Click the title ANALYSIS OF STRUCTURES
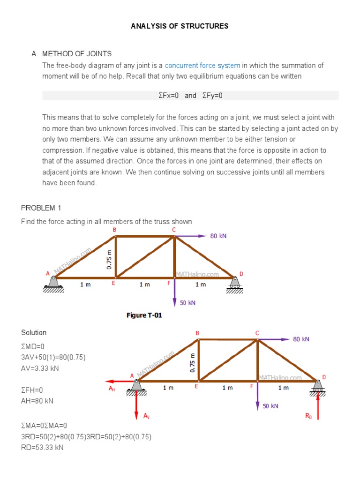coord(180,26)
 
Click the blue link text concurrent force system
coord(202,66)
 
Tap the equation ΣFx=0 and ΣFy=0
coord(190,96)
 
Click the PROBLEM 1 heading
coord(41,208)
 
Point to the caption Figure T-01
coord(144,315)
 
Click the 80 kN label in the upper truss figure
coord(218,236)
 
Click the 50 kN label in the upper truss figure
coord(187,303)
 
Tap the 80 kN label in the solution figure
coord(301,339)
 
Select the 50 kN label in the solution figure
coord(270,406)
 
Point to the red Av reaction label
coord(146,416)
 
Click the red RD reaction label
coord(308,415)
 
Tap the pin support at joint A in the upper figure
coord(53,283)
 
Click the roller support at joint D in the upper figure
coord(234,284)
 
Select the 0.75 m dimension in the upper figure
coord(109,258)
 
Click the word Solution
coord(34,333)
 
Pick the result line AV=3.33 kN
coord(40,368)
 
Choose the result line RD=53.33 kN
coord(42,447)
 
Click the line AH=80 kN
coord(37,401)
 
